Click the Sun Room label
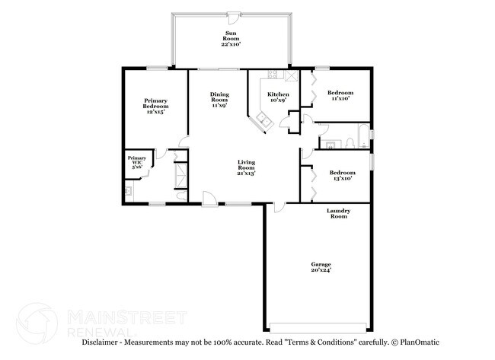231,39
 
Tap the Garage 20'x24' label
321,267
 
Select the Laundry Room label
338,213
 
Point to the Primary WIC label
137,162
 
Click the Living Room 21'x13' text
246,167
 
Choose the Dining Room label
220,100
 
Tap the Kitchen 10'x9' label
278,97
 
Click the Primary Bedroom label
155,106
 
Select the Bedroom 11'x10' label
340,95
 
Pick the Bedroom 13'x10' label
343,175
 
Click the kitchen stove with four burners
273,75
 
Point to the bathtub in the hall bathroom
364,136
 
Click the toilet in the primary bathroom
181,196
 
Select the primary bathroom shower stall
181,176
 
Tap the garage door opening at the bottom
318,327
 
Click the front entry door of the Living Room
209,199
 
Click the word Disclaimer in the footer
100,342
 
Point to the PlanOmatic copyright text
416,342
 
